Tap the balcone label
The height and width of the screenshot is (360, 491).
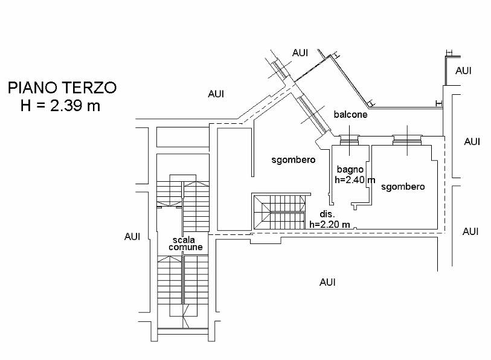pyautogui.click(x=350, y=114)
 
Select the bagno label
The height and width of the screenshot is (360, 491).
pyautogui.click(x=350, y=170)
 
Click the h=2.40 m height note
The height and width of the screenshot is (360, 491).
pyautogui.click(x=355, y=180)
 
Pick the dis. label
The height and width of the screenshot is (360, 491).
pyautogui.click(x=327, y=214)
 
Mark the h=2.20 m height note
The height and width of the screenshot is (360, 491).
pyautogui.click(x=330, y=224)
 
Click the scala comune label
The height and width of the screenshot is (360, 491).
pyautogui.click(x=185, y=243)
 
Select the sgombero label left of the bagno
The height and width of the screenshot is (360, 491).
pyautogui.click(x=294, y=160)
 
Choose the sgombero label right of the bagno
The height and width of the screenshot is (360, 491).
pyautogui.click(x=403, y=187)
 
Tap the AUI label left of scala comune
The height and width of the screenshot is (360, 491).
pyautogui.click(x=132, y=237)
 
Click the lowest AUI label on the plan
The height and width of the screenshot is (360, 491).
pyautogui.click(x=327, y=282)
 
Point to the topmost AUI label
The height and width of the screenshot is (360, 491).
pyautogui.click(x=300, y=53)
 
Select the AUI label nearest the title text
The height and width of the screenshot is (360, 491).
pyautogui.click(x=216, y=94)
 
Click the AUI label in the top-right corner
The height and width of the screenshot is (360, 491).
pyautogui.click(x=463, y=71)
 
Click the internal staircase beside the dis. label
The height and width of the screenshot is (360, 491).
pyautogui.click(x=278, y=212)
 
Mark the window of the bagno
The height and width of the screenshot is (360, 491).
pyautogui.click(x=349, y=140)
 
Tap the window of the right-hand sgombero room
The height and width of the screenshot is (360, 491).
pyautogui.click(x=407, y=140)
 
